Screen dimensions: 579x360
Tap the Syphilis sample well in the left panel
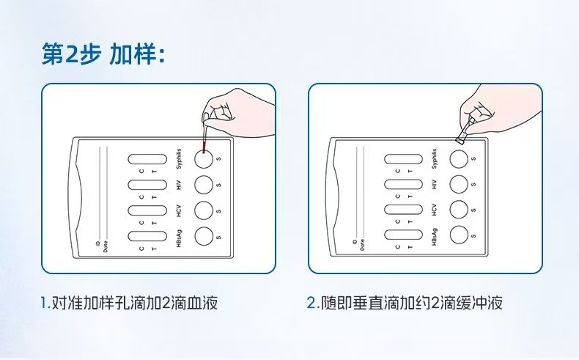point(203,158)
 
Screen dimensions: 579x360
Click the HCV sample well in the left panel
point(203,209)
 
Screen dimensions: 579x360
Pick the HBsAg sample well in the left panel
point(203,235)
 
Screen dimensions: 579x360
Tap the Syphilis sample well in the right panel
point(460,158)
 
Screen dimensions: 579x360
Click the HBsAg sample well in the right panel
point(460,235)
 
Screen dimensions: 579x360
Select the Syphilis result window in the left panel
point(147,159)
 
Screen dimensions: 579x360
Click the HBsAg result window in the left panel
point(147,235)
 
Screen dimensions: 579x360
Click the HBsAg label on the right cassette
point(435,236)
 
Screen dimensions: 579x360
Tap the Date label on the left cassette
point(106,246)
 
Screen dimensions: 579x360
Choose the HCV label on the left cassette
point(179,210)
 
